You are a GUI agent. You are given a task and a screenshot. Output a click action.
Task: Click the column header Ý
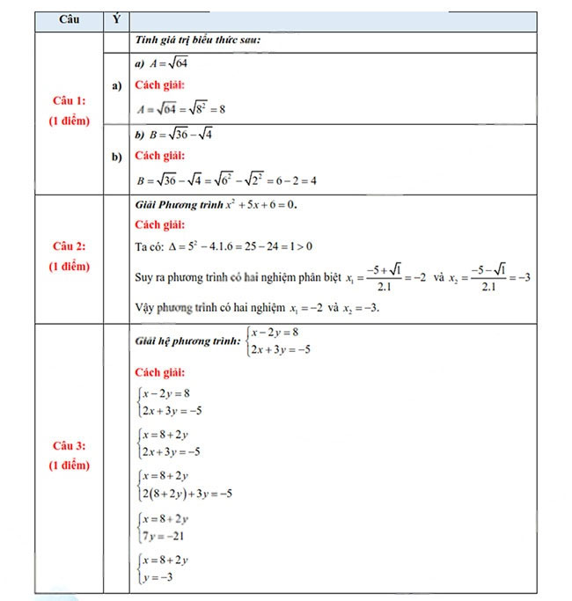point(116,19)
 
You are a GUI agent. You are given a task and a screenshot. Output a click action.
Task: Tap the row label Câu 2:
point(70,246)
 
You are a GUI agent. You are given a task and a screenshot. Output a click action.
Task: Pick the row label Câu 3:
point(70,444)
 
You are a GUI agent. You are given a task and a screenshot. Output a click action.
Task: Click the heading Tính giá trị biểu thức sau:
point(198,40)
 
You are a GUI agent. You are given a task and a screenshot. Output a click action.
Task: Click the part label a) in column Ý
point(116,86)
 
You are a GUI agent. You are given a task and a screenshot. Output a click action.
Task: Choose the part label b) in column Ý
point(116,158)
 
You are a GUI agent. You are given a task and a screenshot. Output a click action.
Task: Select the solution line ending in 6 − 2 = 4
point(226,180)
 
